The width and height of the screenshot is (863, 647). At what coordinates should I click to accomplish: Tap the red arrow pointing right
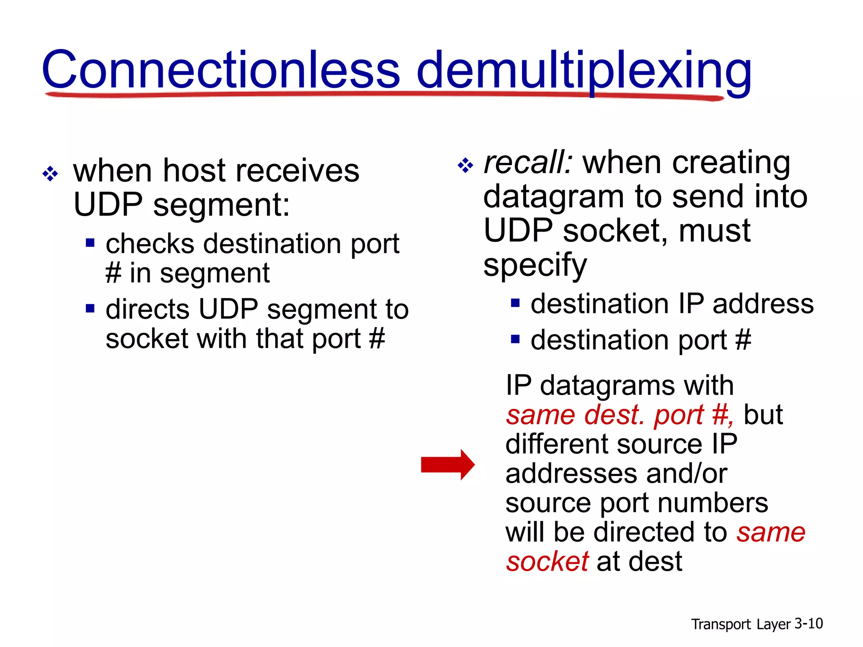pos(448,465)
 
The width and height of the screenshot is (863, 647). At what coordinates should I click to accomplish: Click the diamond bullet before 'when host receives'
pos(50,173)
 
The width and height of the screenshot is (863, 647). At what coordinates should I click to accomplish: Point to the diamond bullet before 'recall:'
pos(465,165)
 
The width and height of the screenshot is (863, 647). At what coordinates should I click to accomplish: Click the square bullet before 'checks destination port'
pos(90,243)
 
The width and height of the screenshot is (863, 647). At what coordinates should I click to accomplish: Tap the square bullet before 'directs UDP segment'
pos(90,308)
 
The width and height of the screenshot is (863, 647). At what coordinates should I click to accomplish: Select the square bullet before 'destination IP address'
pos(515,303)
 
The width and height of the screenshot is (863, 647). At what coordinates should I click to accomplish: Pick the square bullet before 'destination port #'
pos(515,339)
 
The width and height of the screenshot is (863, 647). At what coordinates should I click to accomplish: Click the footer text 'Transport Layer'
pos(740,624)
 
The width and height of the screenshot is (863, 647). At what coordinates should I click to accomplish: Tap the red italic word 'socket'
pos(547,561)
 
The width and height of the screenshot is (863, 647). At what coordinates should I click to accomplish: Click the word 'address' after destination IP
pos(763,304)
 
